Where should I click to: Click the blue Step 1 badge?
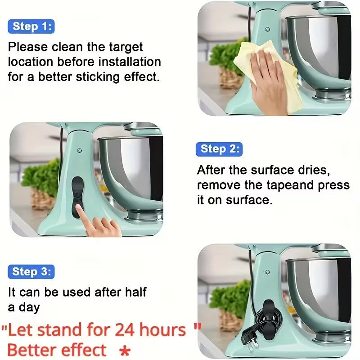click(x=31, y=27)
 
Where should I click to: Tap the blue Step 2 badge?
click(x=219, y=149)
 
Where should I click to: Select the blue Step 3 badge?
click(x=31, y=272)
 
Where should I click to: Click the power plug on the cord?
click(x=249, y=336)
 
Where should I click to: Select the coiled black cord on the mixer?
click(x=261, y=317)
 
